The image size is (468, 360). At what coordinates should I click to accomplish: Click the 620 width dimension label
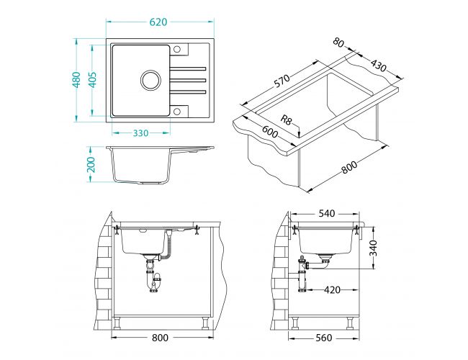click(158, 22)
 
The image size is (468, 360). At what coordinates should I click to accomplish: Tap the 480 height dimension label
click(76, 80)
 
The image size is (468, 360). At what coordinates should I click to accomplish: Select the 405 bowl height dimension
click(93, 80)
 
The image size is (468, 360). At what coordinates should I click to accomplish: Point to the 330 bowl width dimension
click(140, 132)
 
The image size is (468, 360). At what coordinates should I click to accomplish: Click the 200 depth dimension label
click(91, 164)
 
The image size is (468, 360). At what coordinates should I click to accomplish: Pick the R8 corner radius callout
click(286, 120)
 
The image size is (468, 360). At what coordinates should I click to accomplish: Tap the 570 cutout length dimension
click(282, 81)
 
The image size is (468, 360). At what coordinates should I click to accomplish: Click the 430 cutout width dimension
click(379, 66)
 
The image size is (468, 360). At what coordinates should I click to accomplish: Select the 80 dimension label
click(338, 42)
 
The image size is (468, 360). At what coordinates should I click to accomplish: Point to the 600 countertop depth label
click(270, 132)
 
